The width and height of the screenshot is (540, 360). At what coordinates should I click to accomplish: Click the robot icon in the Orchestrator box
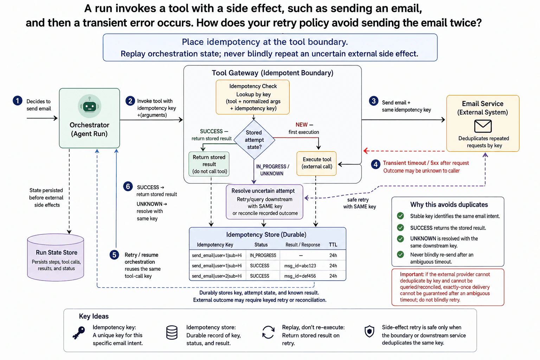tap(89, 106)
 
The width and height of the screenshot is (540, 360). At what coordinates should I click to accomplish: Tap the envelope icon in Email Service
tap(483, 126)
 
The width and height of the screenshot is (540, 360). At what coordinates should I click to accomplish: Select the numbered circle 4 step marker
tap(375, 165)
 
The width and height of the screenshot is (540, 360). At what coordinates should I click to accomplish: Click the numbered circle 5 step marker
tap(114, 255)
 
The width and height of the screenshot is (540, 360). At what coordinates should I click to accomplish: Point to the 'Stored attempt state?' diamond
tap(254, 140)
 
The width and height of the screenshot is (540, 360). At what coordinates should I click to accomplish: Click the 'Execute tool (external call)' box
tap(316, 163)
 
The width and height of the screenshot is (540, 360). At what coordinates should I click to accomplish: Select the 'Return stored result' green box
tap(209, 164)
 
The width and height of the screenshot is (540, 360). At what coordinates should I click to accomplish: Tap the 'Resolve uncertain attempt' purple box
tap(264, 202)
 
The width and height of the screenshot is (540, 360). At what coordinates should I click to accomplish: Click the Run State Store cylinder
tap(56, 257)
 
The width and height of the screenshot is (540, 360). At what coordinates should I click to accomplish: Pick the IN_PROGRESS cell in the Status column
tap(263, 255)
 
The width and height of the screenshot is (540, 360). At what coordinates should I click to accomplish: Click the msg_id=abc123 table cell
tap(300, 266)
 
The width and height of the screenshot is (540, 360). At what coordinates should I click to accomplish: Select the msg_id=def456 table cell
tap(300, 276)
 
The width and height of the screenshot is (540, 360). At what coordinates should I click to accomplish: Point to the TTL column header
tap(333, 245)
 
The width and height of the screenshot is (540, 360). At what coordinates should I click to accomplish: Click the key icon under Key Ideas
tap(79, 333)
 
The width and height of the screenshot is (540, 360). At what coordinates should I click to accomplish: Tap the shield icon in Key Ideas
tap(369, 331)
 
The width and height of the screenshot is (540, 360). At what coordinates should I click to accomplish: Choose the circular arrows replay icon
tap(268, 332)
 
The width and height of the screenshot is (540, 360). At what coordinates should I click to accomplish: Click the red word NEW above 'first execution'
tap(302, 125)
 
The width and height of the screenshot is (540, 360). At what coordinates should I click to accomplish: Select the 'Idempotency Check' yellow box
tap(253, 97)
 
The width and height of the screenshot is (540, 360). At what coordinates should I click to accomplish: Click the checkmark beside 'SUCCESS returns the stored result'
tap(400, 227)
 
